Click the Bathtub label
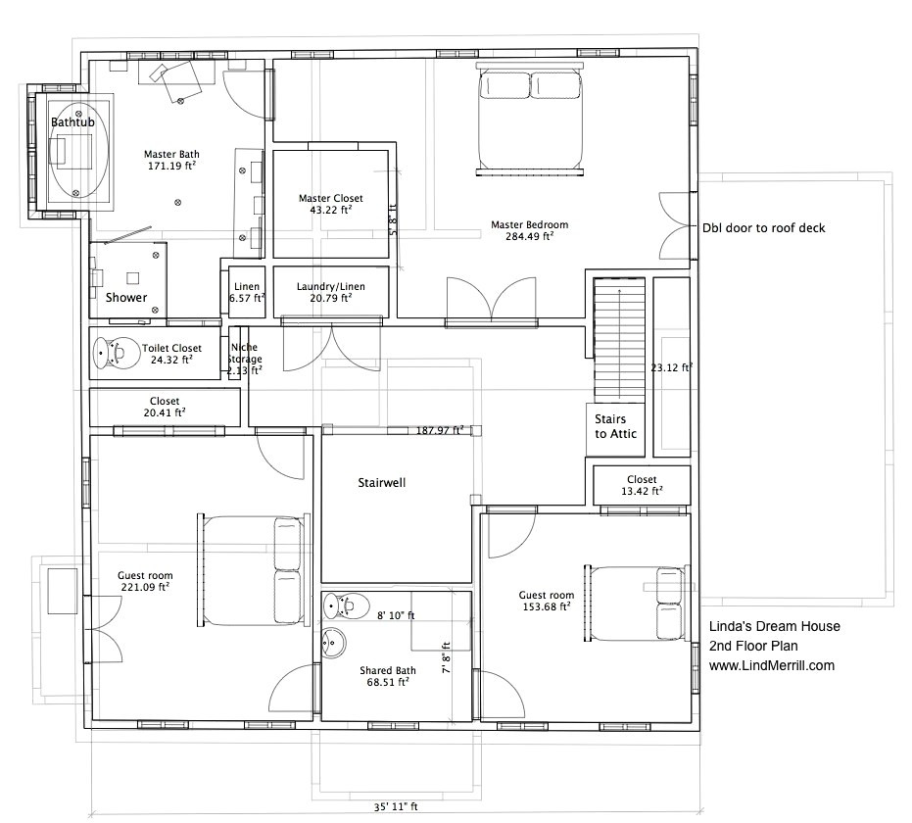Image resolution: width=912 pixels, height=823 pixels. [x=73, y=121]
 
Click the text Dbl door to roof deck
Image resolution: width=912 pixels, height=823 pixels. [x=763, y=228]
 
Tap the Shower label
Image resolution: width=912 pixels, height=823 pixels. [x=126, y=297]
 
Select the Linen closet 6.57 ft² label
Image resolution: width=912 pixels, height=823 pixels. [x=246, y=292]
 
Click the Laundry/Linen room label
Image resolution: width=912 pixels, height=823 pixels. [x=330, y=292]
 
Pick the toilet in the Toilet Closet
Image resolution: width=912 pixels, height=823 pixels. [x=116, y=353]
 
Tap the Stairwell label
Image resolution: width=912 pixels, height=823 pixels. [x=381, y=483]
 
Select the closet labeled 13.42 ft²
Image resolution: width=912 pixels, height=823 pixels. [x=642, y=486]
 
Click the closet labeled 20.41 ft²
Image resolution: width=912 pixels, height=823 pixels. [x=164, y=407]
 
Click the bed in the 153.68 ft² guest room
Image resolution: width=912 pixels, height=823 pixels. [x=634, y=601]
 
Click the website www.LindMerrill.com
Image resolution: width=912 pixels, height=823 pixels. [x=771, y=665]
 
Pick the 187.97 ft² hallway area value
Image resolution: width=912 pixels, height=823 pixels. [x=439, y=430]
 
